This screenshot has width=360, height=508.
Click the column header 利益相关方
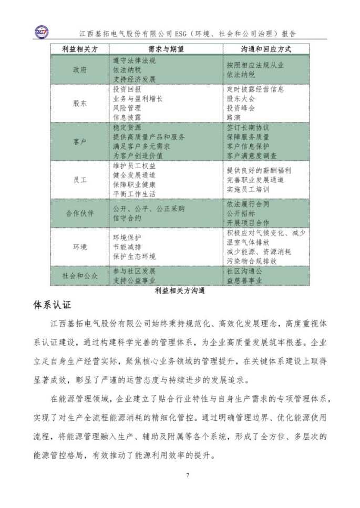[79, 49]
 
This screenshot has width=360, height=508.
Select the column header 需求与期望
[166, 49]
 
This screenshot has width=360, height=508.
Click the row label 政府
[79, 70]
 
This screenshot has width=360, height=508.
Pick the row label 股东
[79, 103]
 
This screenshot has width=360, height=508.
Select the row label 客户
[79, 141]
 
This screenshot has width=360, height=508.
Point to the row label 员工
[79, 180]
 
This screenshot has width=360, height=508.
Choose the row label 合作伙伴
[79, 213]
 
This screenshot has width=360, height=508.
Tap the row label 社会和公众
[79, 275]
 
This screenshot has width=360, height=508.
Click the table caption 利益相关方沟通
[180, 289]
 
